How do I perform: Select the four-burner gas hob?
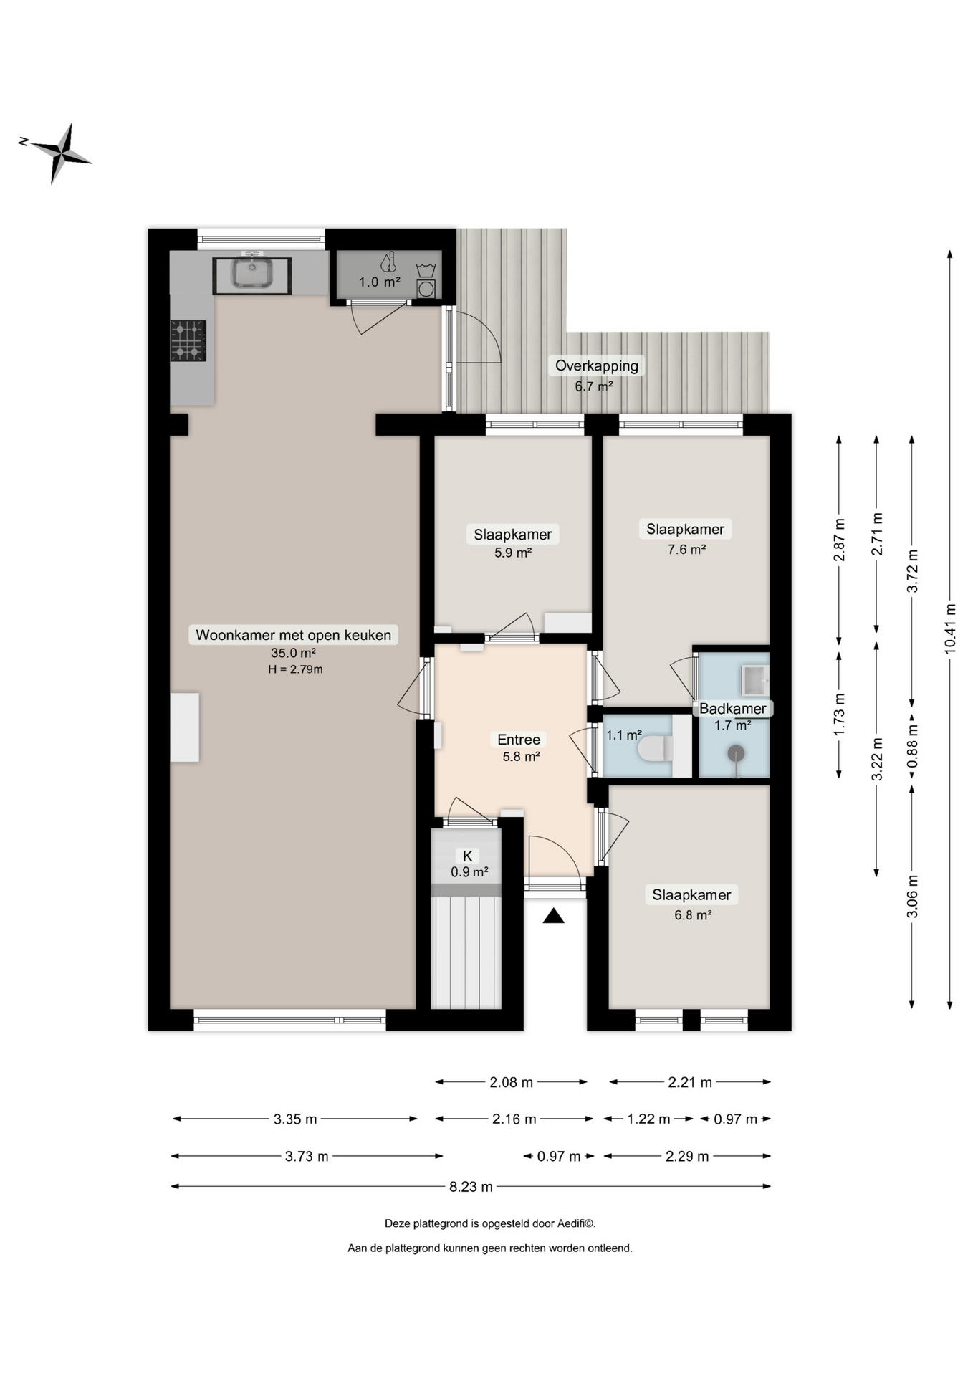coord(188,340)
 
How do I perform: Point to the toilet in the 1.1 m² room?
coord(655,749)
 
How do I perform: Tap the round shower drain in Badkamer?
coord(736,754)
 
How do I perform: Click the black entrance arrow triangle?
coord(553,915)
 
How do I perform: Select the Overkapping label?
coord(597,365)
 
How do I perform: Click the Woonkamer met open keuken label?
coord(294,635)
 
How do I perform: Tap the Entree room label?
coord(519,740)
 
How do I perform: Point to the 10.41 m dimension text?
coord(950,629)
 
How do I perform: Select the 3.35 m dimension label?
coord(295,1119)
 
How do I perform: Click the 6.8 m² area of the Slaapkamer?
coord(692,915)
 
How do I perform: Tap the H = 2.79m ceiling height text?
coord(295,669)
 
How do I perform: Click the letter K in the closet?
coord(468,856)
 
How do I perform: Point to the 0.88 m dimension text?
coord(912,746)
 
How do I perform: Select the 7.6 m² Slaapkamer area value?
coord(686,550)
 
